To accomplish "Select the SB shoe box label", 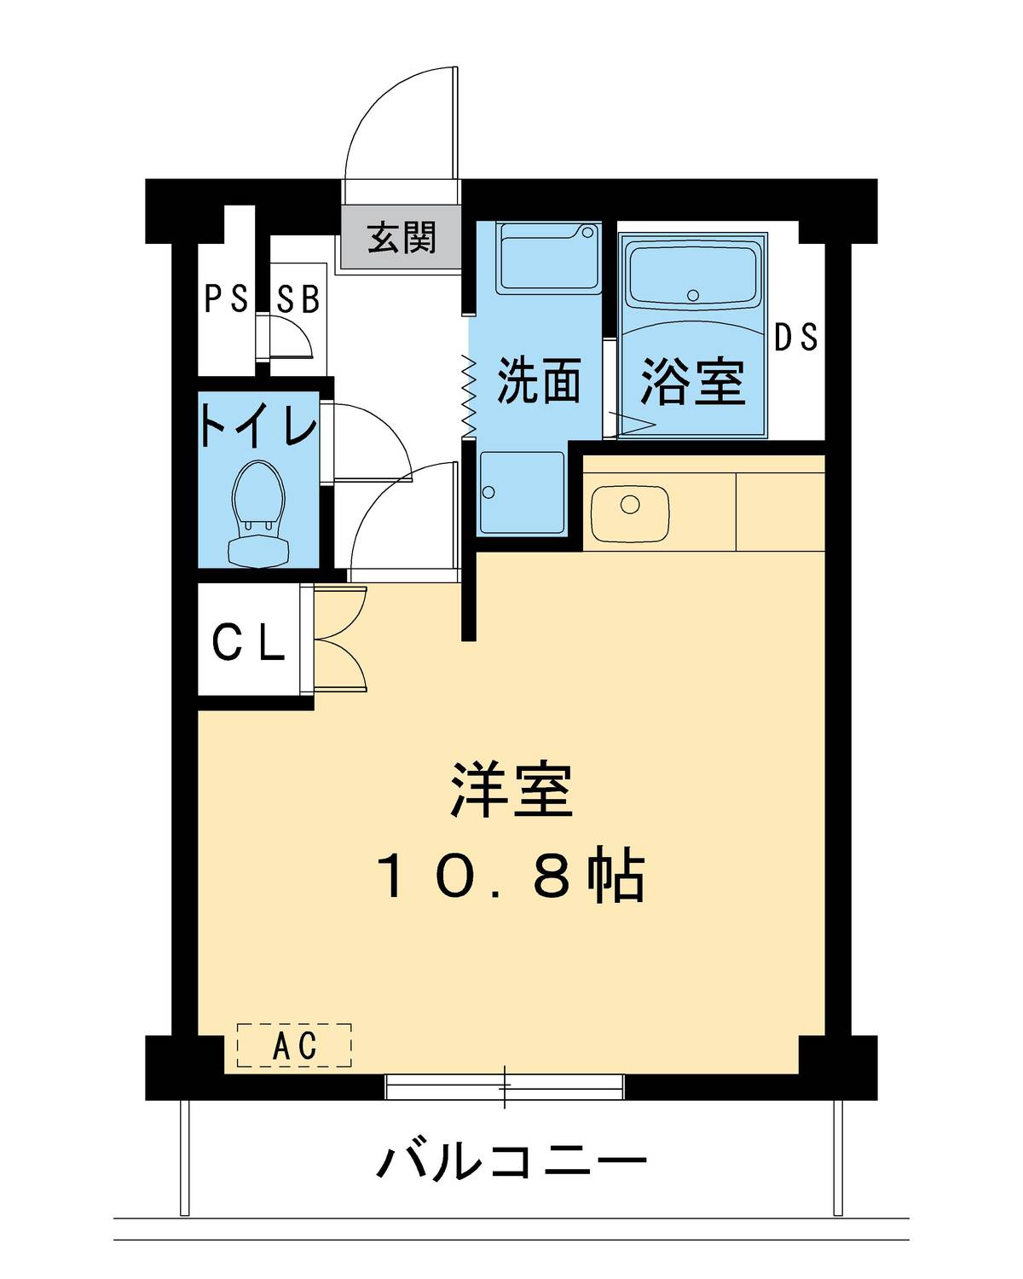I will click(298, 299).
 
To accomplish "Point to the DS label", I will click(795, 338).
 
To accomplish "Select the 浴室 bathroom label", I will click(692, 381).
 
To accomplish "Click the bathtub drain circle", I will click(692, 296).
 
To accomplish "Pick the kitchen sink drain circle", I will click(629, 505).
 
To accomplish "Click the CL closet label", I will click(247, 642).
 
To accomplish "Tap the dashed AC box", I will click(294, 1045).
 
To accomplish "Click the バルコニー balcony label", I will click(511, 1162).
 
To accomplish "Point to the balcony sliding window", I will click(504, 1086).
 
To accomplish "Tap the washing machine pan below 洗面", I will click(521, 492).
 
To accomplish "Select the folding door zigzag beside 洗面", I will click(467, 394).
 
